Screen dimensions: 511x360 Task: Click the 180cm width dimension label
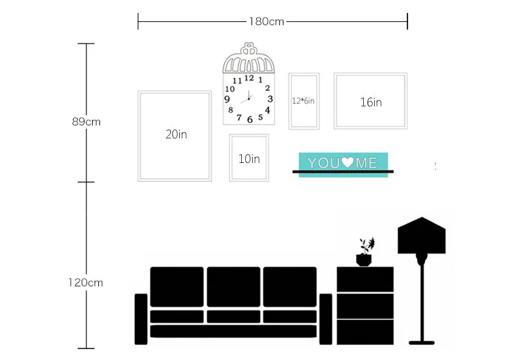(266, 22)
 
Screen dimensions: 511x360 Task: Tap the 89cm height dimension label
(87, 121)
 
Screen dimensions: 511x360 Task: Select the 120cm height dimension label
(86, 282)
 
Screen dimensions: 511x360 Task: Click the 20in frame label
(176, 134)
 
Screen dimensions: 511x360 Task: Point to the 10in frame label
(249, 159)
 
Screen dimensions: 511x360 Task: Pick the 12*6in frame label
(303, 101)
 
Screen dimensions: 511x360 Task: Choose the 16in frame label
(371, 102)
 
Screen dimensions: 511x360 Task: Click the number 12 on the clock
(249, 78)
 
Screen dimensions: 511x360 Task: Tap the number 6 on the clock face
(250, 120)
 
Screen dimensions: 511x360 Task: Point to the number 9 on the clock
(227, 99)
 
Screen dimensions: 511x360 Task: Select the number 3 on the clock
(270, 99)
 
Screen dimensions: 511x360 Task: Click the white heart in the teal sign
(347, 162)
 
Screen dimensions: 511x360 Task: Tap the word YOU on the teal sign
(324, 163)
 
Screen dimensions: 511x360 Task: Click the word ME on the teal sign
(367, 163)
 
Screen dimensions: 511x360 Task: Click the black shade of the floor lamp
(422, 235)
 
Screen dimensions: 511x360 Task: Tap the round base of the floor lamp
(422, 343)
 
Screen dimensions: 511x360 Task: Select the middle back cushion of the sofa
(234, 287)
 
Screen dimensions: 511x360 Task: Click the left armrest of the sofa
(141, 319)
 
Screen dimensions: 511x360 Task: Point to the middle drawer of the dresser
(365, 306)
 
